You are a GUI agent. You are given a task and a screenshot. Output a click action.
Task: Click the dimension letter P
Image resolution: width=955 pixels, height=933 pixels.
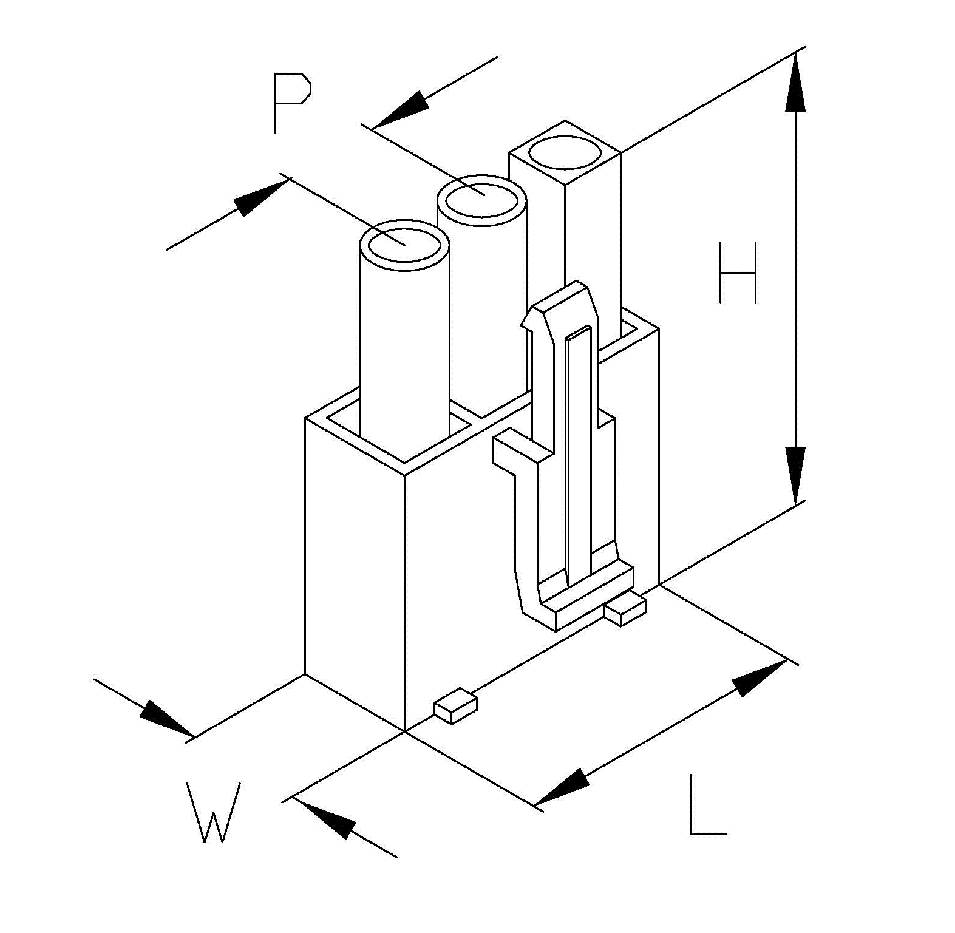pos(291,102)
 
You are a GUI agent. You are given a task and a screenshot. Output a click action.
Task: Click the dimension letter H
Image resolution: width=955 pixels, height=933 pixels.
pos(738,273)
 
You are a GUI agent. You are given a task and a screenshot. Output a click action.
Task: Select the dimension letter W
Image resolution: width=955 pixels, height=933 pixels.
pos(213,812)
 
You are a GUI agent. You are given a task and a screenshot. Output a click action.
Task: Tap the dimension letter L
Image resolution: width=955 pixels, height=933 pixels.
pos(707,805)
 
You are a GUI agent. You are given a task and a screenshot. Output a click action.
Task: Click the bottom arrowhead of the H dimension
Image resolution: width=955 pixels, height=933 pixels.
pos(795,475)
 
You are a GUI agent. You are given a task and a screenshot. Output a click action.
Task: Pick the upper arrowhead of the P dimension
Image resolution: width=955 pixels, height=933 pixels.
pos(400,110)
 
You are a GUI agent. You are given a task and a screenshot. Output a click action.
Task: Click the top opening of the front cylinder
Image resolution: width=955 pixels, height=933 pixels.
pos(404,245)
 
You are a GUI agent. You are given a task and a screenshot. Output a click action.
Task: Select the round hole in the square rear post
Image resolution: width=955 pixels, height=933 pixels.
pos(565,152)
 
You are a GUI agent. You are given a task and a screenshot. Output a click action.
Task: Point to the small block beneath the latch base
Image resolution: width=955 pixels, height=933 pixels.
pos(625,611)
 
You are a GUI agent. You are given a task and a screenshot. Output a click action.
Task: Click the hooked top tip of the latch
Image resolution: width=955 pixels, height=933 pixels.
pos(534,316)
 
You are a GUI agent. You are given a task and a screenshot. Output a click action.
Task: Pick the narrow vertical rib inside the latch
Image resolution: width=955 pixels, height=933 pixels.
pos(577,455)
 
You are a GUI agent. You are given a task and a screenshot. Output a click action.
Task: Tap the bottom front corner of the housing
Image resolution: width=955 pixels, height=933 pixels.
pos(404,731)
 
